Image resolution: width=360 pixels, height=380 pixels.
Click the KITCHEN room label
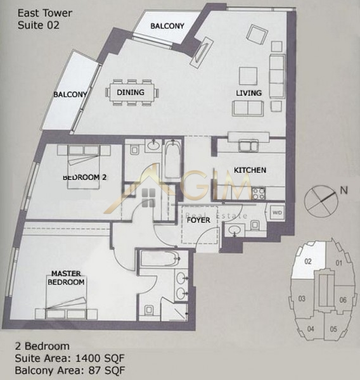(250, 170)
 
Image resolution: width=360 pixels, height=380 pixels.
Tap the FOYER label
(198, 220)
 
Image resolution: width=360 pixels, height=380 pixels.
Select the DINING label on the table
(131, 92)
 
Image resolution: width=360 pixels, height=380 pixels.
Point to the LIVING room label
(249, 93)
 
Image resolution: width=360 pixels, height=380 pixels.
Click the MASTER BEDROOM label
(66, 278)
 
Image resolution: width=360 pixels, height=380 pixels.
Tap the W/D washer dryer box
(277, 213)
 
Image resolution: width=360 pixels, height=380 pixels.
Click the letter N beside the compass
(344, 191)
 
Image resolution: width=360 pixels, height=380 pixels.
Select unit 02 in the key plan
(308, 262)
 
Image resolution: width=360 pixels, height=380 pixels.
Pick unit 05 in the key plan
(333, 329)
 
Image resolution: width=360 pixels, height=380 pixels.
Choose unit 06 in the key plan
(342, 300)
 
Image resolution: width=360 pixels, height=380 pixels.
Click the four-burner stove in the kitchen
(258, 193)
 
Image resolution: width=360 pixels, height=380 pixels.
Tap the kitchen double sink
(248, 146)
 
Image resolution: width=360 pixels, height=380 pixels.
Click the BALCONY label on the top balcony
(167, 26)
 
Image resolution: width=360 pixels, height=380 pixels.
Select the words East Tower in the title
(45, 13)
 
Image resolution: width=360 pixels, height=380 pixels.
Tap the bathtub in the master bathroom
(160, 259)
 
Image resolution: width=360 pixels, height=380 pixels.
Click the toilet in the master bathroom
(148, 310)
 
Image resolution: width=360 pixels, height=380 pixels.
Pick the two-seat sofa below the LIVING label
(248, 108)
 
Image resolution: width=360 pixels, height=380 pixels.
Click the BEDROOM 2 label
(85, 177)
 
